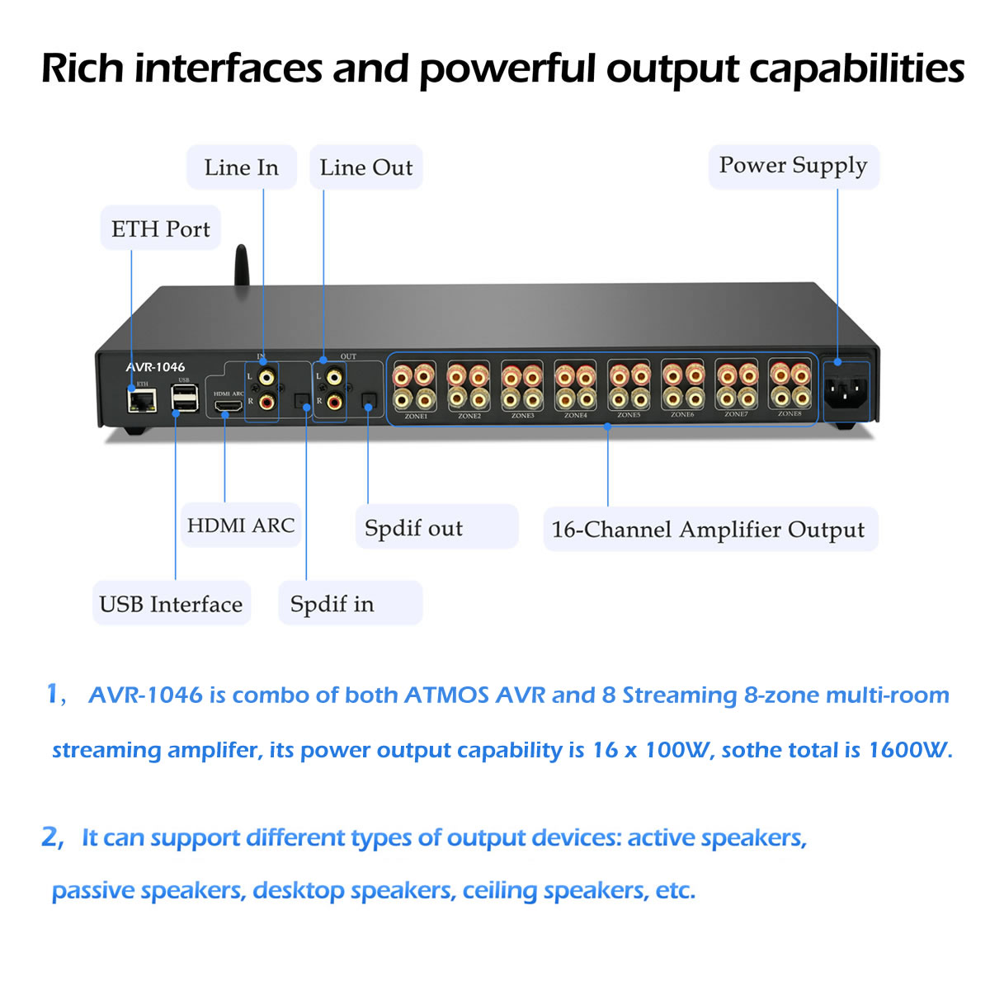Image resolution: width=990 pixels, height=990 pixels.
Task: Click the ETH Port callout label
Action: (x=161, y=229)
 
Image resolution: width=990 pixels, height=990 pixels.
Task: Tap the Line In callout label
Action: (x=241, y=167)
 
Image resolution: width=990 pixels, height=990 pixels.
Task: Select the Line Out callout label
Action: (x=365, y=167)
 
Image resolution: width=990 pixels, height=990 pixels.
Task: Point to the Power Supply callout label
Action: (x=793, y=166)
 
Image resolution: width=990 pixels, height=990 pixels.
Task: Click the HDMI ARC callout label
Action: (x=240, y=526)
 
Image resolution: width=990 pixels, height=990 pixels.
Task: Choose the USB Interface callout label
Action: (x=171, y=604)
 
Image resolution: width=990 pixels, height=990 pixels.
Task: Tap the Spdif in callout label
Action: (x=332, y=604)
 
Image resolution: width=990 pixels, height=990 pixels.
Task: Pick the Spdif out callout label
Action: (x=413, y=528)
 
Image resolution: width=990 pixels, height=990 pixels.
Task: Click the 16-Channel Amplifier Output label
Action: (x=709, y=530)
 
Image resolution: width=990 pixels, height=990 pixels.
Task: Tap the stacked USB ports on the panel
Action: (x=184, y=399)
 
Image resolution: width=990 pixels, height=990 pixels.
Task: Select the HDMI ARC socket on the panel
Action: (x=228, y=406)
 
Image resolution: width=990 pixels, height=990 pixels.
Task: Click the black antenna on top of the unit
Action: (x=241, y=266)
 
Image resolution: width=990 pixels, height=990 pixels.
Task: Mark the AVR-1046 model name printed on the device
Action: (x=155, y=367)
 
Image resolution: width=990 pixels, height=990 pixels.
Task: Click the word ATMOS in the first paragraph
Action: (x=446, y=695)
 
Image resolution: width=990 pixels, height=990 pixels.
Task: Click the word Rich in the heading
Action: (x=81, y=68)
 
